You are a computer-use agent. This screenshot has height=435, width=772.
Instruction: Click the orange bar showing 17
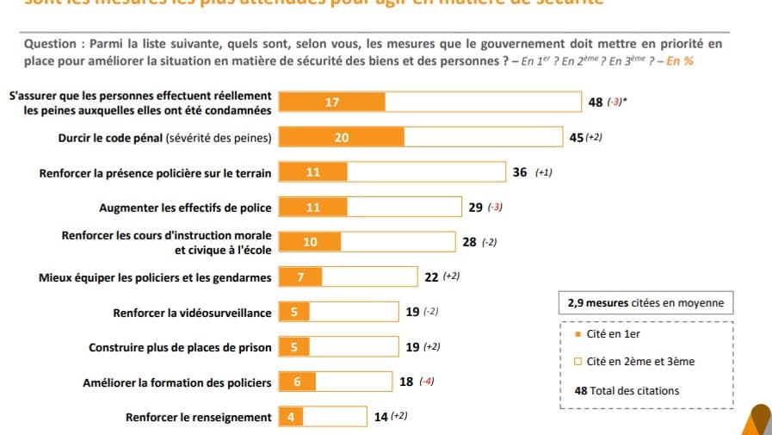click(x=332, y=103)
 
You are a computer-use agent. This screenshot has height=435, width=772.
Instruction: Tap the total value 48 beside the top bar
click(x=596, y=103)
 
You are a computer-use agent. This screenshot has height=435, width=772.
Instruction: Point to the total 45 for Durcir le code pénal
click(x=577, y=137)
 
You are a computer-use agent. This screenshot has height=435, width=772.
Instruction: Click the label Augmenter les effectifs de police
click(x=185, y=208)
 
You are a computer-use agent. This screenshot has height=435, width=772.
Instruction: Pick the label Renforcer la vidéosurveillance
click(x=192, y=313)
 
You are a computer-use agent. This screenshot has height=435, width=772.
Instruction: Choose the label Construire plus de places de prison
click(x=180, y=348)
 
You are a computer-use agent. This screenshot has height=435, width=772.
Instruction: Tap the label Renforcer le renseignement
click(x=198, y=418)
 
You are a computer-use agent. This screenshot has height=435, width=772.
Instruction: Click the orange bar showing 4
click(x=291, y=418)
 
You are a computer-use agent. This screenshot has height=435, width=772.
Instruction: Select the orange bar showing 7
click(x=300, y=277)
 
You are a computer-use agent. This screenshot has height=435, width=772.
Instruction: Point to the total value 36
click(x=520, y=172)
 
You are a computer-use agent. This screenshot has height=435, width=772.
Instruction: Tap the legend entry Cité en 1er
click(x=613, y=334)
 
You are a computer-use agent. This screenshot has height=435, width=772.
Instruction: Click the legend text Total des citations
click(x=634, y=391)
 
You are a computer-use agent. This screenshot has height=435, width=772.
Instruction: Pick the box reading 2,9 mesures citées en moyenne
click(x=645, y=303)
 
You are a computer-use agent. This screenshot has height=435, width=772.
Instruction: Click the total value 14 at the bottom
click(x=381, y=418)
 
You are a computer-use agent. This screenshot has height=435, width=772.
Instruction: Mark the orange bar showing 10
click(x=310, y=242)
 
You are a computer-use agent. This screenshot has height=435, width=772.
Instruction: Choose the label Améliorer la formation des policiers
click(x=176, y=382)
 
